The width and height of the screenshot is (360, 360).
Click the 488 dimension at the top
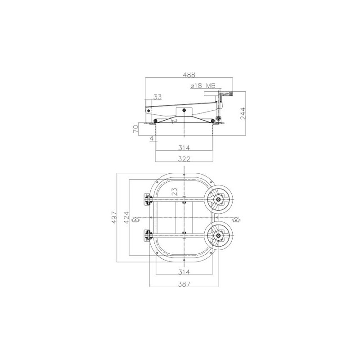click(x=189, y=75)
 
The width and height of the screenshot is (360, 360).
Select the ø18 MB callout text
click(x=203, y=86)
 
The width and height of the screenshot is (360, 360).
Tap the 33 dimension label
click(x=157, y=97)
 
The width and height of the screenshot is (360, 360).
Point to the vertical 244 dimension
click(x=243, y=113)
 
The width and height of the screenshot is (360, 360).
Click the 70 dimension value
click(x=136, y=129)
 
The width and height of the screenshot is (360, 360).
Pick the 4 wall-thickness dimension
click(x=152, y=139)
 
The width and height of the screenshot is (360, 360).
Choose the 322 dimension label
click(x=184, y=159)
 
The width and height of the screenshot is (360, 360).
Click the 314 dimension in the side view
click(x=184, y=148)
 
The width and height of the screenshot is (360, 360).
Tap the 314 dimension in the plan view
click(x=184, y=272)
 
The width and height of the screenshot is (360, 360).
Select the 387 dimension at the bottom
click(x=184, y=284)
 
